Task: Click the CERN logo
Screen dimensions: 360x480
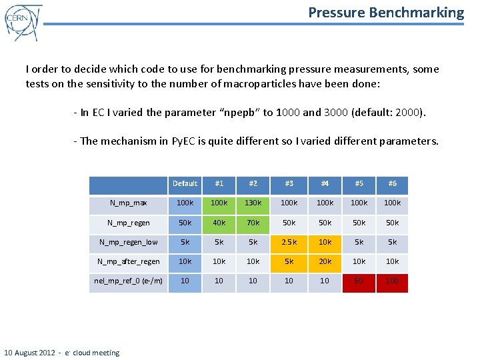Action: pyautogui.click(x=23, y=23)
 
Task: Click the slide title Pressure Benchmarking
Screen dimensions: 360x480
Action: pyautogui.click(x=386, y=12)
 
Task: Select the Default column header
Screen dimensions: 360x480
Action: pyautogui.click(x=185, y=184)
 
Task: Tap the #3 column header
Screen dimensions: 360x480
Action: pyautogui.click(x=289, y=184)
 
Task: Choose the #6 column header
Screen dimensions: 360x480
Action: pyautogui.click(x=392, y=184)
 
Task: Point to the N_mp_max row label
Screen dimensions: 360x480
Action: pyautogui.click(x=129, y=203)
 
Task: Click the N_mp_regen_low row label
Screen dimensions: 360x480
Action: pyautogui.click(x=129, y=242)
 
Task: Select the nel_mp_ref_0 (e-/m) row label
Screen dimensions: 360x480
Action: pyautogui.click(x=129, y=281)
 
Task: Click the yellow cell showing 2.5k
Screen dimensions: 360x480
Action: pyautogui.click(x=289, y=242)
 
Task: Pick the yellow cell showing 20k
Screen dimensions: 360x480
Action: pyautogui.click(x=325, y=261)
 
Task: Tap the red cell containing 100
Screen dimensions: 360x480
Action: pyautogui.click(x=392, y=281)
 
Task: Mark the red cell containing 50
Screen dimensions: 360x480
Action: pyautogui.click(x=359, y=281)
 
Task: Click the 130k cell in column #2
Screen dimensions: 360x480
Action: pyautogui.click(x=253, y=203)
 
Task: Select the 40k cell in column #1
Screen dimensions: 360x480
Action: pyautogui.click(x=219, y=223)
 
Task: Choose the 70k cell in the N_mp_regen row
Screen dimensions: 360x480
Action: pyautogui.click(x=253, y=223)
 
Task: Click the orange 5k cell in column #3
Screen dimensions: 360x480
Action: pyautogui.click(x=289, y=261)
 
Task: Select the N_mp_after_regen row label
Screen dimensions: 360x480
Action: pyautogui.click(x=129, y=261)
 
